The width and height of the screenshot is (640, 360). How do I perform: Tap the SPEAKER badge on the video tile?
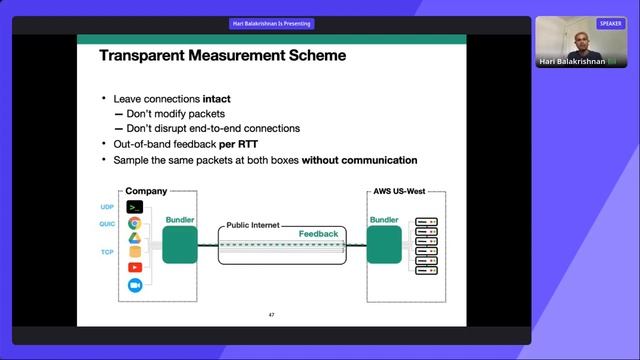[x=610, y=23]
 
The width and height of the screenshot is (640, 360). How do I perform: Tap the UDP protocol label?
[x=107, y=207]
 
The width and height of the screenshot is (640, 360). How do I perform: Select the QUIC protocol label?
[x=107, y=224]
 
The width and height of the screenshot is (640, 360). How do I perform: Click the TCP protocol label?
[x=107, y=253]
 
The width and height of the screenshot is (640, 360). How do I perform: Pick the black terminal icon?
[x=135, y=207]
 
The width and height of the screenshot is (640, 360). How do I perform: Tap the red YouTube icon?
[x=135, y=268]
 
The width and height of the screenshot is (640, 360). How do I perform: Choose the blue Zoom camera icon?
[x=135, y=286]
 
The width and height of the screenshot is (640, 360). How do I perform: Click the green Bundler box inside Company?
[x=180, y=245]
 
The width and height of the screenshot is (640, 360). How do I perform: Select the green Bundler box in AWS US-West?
[x=384, y=245]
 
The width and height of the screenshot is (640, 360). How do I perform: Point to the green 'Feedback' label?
[x=319, y=233]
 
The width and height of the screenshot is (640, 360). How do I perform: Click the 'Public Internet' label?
[x=253, y=226]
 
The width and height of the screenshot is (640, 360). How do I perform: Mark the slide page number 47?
[x=271, y=315]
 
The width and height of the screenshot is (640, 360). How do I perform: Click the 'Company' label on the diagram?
[x=146, y=190]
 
